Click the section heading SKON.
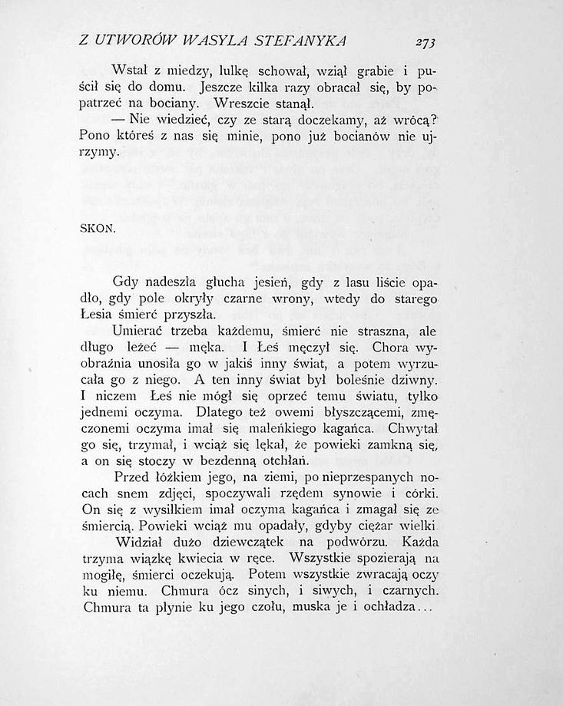pos(98,229)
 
